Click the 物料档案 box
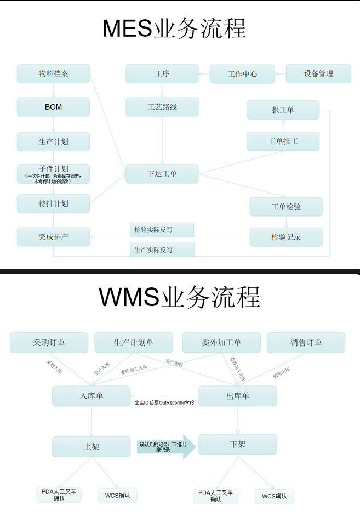pos(53,73)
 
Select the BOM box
pos(53,107)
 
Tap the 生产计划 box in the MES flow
pos(53,141)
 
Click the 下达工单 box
pos(162,174)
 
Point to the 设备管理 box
pos(318,73)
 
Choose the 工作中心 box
pos(242,74)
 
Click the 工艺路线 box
pos(162,107)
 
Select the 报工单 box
pos(283,110)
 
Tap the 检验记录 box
pos(286,237)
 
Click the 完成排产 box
pos(53,237)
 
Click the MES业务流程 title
pos(174,29)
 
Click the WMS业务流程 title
pos(179,297)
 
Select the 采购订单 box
pos(49,343)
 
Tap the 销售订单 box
pos(306,343)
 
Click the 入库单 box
pos(92,396)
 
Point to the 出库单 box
pos(237,396)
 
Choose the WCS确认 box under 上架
pos(118,496)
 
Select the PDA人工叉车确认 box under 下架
pos(218,496)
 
